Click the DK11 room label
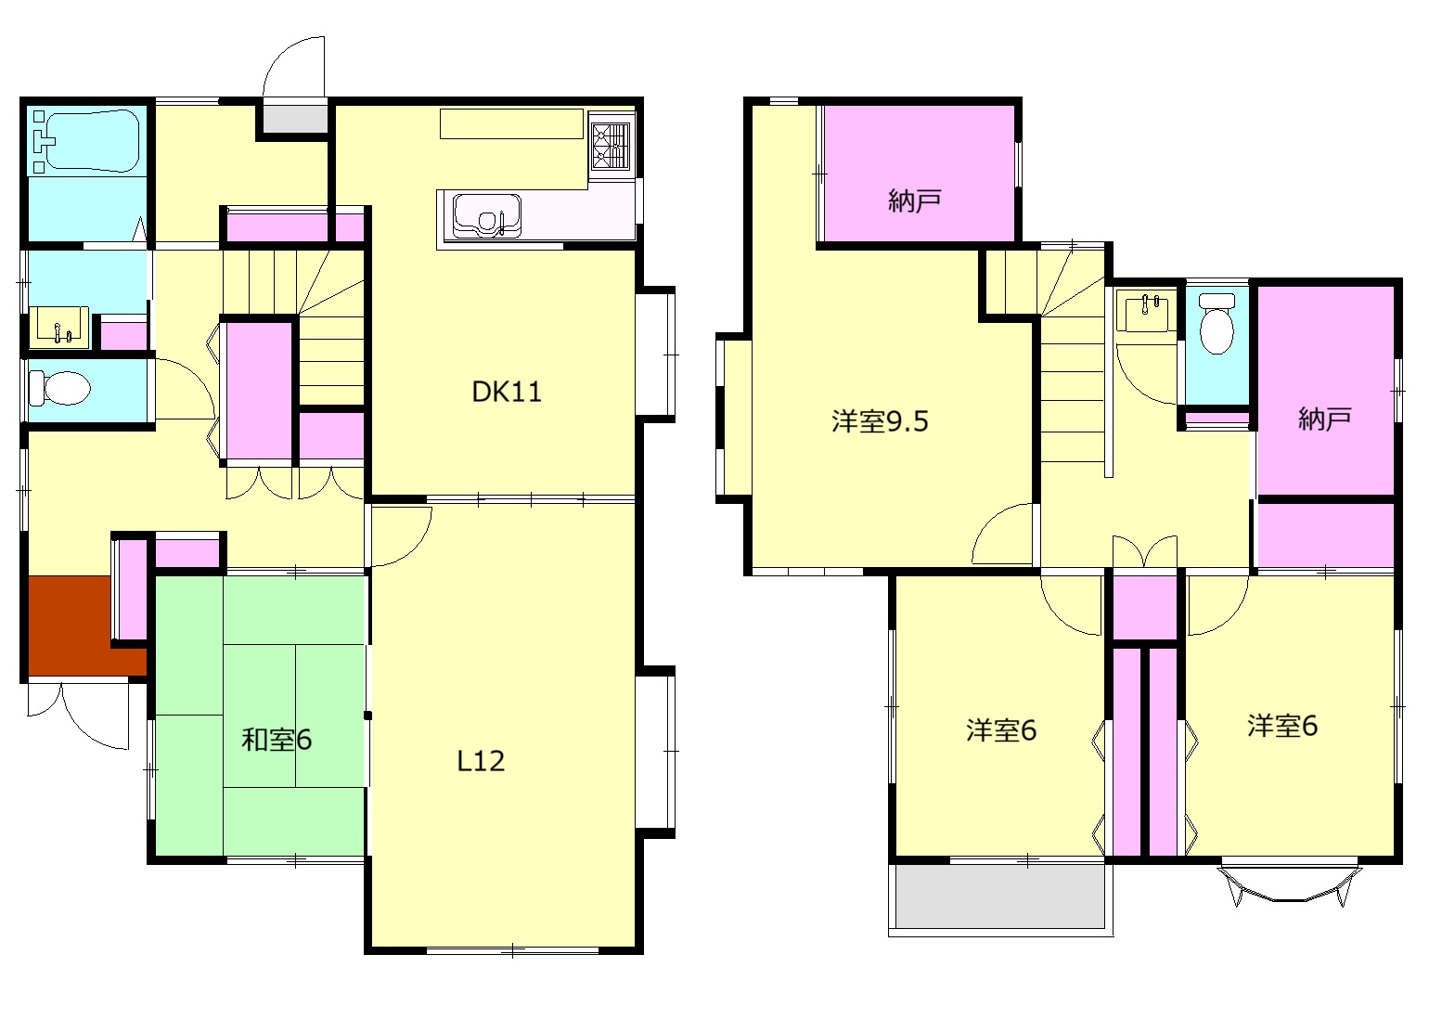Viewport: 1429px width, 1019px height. coord(507,392)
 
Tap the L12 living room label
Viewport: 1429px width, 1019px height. coord(482,761)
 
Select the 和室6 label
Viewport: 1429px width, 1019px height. coord(277,740)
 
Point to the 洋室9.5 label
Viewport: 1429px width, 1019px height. coord(880,421)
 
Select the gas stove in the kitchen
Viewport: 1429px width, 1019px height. coord(611,148)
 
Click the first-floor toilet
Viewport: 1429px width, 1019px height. coord(58,388)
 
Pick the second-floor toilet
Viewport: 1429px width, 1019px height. coord(1217,326)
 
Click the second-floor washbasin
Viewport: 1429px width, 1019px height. coord(1147,311)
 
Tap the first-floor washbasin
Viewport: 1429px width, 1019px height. coord(59,327)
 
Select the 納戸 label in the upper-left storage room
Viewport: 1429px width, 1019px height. coord(915,200)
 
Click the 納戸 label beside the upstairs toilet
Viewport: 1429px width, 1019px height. coord(1324,419)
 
